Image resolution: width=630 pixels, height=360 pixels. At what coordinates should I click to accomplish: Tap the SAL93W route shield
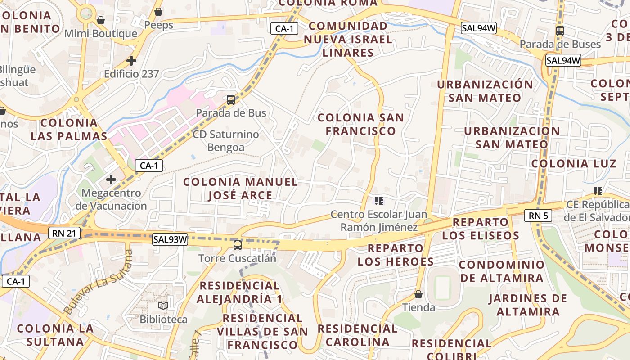click(170, 239)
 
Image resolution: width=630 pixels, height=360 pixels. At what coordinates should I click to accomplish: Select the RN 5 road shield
click(538, 216)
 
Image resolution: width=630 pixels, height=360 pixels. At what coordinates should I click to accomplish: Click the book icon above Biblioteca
click(163, 306)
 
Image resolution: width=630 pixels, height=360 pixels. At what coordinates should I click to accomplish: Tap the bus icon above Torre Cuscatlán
click(237, 245)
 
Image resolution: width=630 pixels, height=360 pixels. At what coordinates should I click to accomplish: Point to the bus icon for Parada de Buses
click(560, 31)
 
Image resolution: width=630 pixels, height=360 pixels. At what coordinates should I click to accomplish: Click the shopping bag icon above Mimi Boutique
click(101, 20)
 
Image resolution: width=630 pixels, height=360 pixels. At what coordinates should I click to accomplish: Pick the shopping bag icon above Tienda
click(418, 294)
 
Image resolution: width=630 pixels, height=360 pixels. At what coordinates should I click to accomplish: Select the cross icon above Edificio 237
click(131, 60)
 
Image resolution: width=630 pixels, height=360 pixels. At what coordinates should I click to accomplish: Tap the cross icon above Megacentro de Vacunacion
click(111, 180)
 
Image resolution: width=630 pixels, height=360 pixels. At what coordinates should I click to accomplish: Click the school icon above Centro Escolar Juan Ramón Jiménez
click(379, 201)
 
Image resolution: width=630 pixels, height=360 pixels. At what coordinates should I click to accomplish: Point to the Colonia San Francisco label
click(361, 124)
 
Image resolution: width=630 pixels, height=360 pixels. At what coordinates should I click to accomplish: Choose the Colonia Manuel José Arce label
click(240, 189)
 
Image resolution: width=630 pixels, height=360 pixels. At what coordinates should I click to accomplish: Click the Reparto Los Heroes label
click(396, 255)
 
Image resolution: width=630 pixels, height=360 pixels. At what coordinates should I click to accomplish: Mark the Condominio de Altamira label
click(502, 271)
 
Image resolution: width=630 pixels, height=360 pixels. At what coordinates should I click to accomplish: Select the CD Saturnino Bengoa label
click(226, 140)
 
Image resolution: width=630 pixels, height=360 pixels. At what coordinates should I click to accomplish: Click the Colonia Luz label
click(573, 163)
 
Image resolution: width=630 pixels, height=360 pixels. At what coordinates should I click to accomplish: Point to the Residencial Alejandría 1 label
click(240, 292)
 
